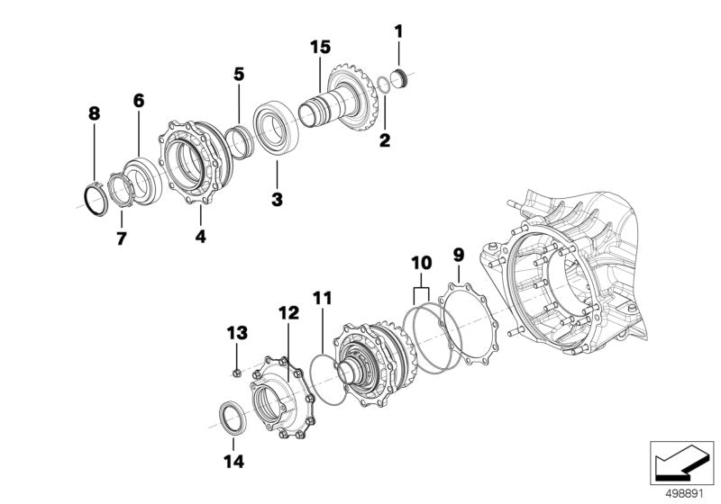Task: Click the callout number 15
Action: pos(320,46)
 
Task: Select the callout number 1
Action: pos(398,31)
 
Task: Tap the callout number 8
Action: pos(94,114)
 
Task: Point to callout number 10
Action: pos(421,263)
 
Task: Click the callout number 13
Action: pos(236,332)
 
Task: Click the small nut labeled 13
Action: pos(234,369)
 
